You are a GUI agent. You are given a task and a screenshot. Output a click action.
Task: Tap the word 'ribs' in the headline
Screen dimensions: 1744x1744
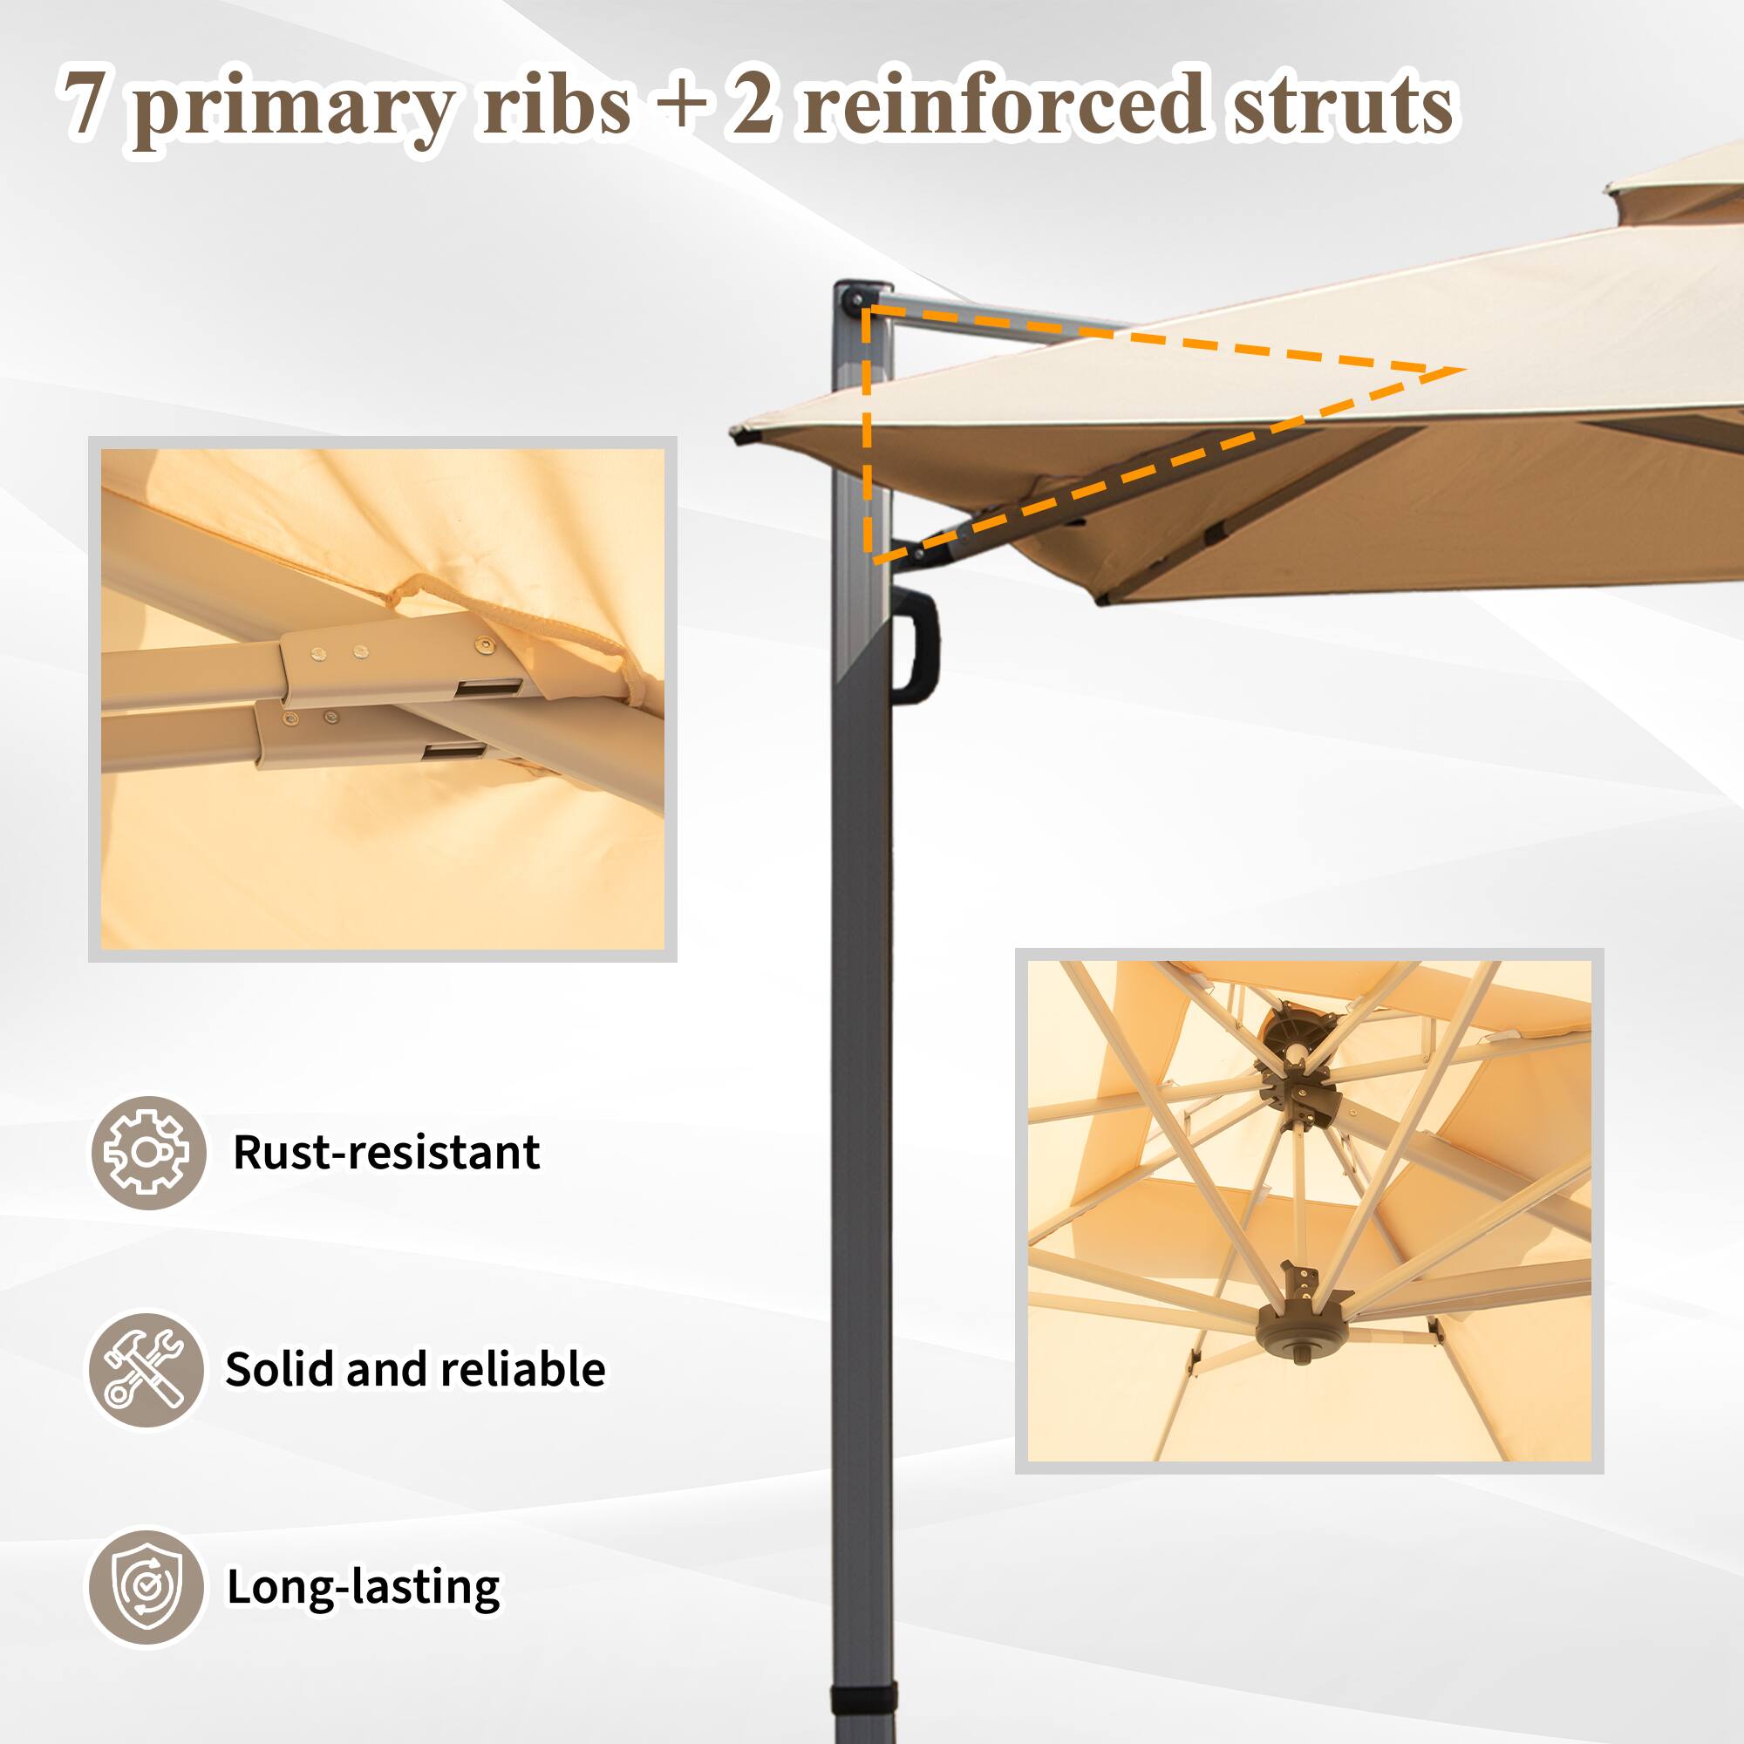coord(556,103)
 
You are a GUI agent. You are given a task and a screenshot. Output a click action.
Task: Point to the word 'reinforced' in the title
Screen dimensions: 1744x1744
coord(1003,103)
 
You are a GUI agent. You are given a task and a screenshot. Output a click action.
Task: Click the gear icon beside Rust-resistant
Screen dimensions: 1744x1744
coord(148,1153)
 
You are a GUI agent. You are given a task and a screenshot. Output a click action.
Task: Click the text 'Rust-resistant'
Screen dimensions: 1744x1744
coord(386,1153)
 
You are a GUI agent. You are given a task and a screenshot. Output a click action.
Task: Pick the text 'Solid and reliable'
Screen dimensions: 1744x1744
coord(415,1369)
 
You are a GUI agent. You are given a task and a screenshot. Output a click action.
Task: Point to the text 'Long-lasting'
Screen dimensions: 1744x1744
coord(363,1587)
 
